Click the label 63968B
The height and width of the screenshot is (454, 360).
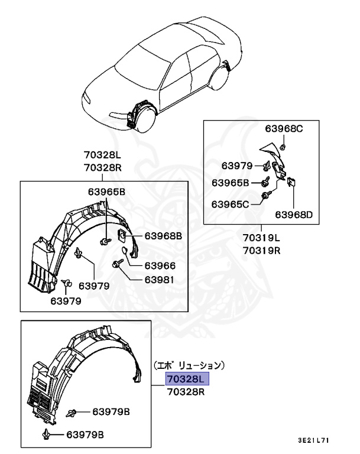[161, 236]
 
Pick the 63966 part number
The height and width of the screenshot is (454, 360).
[160, 265]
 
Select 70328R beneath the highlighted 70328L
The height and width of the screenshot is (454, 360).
[186, 391]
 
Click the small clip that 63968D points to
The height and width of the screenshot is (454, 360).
[291, 183]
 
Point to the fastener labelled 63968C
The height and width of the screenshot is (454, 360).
[283, 145]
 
